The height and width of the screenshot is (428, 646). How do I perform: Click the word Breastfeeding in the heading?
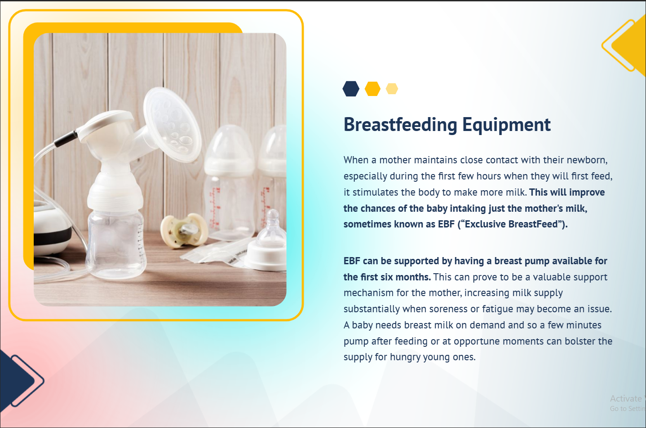click(x=400, y=125)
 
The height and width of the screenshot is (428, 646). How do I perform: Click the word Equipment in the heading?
click(x=506, y=125)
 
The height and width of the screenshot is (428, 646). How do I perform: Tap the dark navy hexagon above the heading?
click(x=351, y=89)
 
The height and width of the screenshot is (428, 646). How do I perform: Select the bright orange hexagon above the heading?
click(x=372, y=89)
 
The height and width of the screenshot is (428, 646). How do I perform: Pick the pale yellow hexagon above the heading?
click(x=392, y=89)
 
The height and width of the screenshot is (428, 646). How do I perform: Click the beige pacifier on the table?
click(x=185, y=231)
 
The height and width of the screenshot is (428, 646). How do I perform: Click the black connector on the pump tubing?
click(x=66, y=139)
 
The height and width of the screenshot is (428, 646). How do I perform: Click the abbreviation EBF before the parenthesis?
click(x=446, y=224)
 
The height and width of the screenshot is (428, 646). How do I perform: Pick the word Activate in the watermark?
click(x=626, y=398)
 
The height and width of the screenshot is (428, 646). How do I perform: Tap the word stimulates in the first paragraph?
click(x=375, y=192)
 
